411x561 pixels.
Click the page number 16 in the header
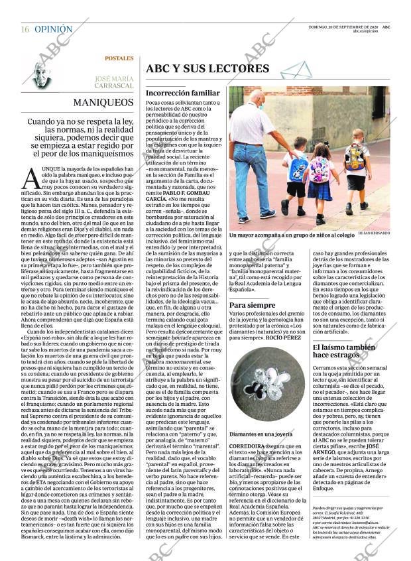click(25, 30)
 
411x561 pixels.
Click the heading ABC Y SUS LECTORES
click(207, 68)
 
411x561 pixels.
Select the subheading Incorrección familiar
click(182, 93)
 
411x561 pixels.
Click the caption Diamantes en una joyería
click(261, 434)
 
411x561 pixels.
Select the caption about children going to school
click(292, 235)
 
